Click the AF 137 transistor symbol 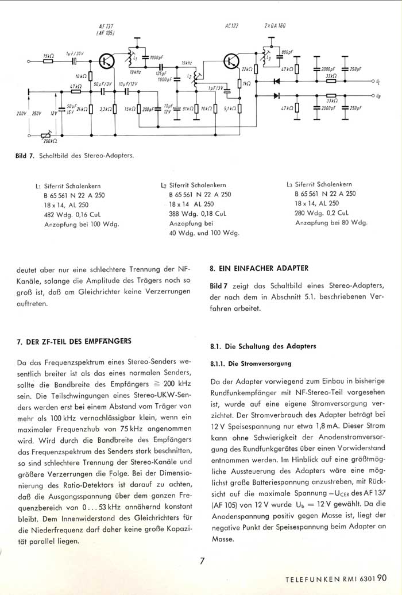click(106, 61)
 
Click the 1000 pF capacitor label click(155, 58)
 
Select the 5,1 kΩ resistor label click(230, 108)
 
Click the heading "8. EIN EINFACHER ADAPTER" click(259, 268)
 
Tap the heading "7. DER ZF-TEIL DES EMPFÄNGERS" click(74, 341)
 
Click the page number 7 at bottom click(202, 561)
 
